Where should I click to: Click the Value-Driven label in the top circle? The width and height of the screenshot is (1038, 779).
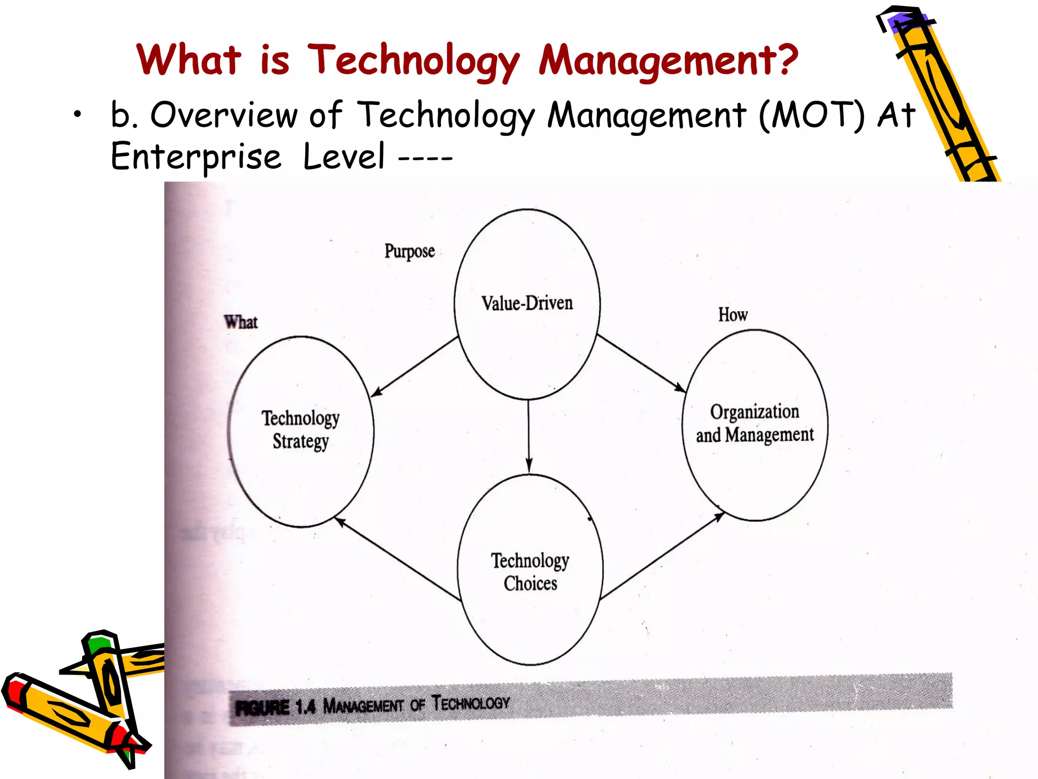click(x=527, y=303)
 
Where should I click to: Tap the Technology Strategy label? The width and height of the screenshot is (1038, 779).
click(x=301, y=429)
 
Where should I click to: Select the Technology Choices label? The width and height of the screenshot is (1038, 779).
click(x=530, y=572)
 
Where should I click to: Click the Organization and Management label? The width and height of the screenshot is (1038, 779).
click(x=755, y=423)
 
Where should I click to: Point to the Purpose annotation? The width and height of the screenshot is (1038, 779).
click(x=410, y=251)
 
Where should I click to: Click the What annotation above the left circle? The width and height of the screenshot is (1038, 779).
click(x=241, y=322)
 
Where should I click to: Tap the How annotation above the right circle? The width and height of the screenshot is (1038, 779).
click(x=732, y=314)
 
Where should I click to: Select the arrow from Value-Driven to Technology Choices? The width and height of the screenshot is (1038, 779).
click(x=529, y=436)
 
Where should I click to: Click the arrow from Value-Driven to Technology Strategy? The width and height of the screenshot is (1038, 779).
click(x=415, y=367)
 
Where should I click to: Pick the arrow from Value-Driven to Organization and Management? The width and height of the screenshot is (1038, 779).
click(x=641, y=363)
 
